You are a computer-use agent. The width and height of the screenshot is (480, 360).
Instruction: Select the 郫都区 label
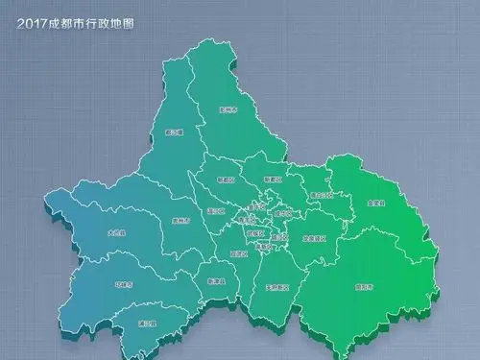(226, 180)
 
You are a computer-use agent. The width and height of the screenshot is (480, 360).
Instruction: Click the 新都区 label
(274, 180)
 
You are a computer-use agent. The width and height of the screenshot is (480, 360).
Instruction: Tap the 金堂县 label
(375, 204)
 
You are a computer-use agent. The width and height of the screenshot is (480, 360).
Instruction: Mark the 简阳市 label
(363, 286)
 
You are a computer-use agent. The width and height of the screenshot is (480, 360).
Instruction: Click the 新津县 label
(216, 281)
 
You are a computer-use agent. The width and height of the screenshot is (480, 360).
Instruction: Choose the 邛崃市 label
(123, 285)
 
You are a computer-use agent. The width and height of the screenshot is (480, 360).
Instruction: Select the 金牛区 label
(255, 206)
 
